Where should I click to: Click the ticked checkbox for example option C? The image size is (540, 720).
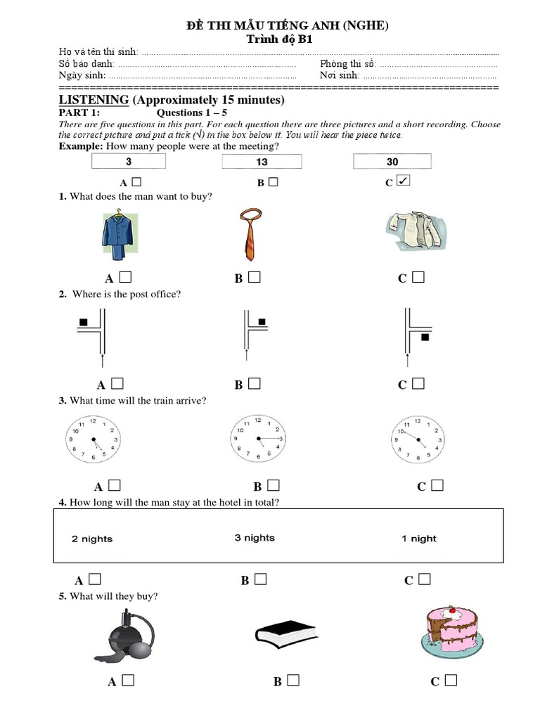click(403, 181)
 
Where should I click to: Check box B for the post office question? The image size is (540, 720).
click(255, 383)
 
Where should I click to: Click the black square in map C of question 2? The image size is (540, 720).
click(424, 338)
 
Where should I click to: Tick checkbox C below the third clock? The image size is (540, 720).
click(437, 485)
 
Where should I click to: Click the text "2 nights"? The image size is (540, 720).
click(92, 539)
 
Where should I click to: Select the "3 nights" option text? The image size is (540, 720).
click(255, 538)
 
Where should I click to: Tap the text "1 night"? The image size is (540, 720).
click(419, 539)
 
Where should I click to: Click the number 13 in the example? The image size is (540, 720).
click(262, 162)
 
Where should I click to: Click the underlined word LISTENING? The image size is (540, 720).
click(94, 100)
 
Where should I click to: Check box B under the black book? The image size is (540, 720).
click(293, 680)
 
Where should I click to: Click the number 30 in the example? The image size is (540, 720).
click(392, 162)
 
